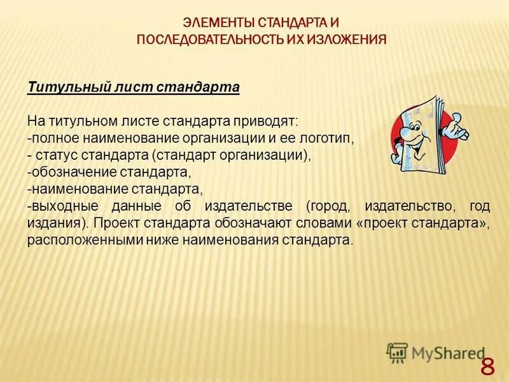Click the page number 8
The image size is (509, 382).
pyautogui.click(x=487, y=367)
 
